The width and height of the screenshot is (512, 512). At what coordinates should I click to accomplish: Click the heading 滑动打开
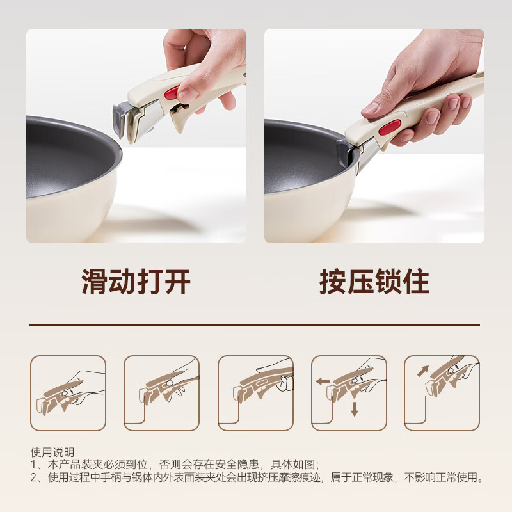coord(136,282)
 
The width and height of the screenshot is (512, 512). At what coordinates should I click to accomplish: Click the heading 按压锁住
coord(374,282)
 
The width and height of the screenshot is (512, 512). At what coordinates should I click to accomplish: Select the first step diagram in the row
coord(68,393)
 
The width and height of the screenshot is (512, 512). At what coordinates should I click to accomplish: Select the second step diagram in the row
coord(161,393)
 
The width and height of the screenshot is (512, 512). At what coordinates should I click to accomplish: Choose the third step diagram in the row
coord(255,393)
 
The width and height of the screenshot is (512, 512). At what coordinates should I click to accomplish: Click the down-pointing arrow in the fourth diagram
coord(354,410)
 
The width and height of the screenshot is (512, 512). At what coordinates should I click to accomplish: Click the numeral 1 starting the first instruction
coord(34,465)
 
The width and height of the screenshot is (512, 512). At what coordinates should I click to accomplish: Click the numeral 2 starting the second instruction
coord(34,477)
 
